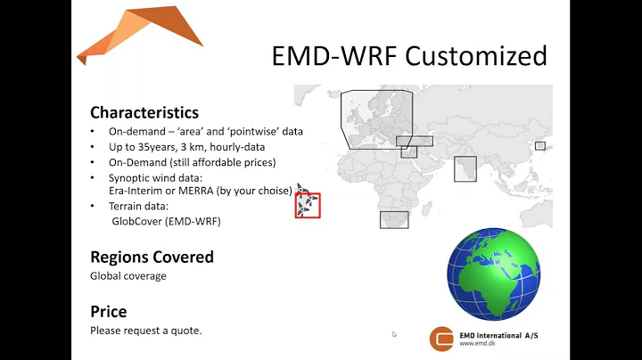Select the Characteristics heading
(x=144, y=112)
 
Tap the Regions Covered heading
(x=152, y=257)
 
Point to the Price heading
(x=108, y=312)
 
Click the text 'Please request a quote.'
(x=145, y=331)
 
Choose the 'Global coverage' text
(x=128, y=275)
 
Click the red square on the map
(x=308, y=206)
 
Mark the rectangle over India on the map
(x=465, y=169)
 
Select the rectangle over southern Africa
(x=393, y=219)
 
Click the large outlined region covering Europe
(x=376, y=119)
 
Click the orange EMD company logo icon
(x=441, y=339)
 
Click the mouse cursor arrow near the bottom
(x=394, y=335)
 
